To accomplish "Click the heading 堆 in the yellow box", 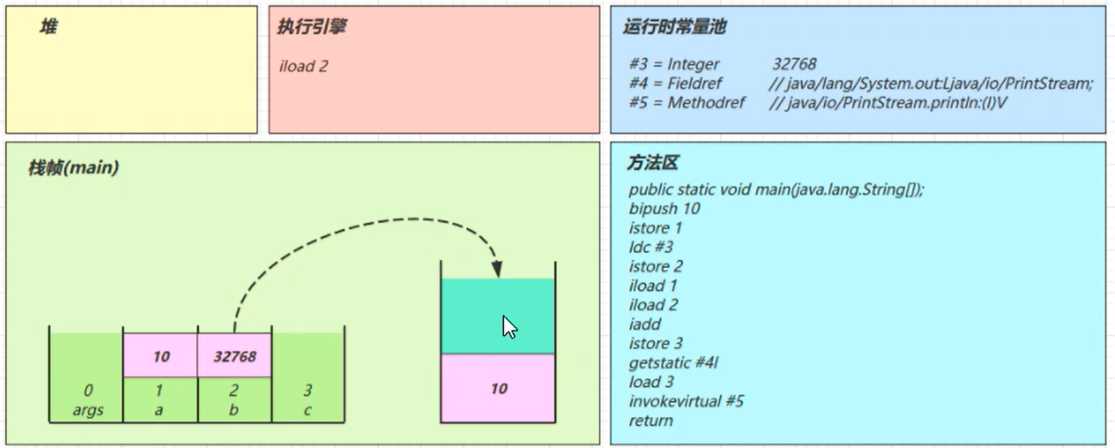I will pyautogui.click(x=49, y=27).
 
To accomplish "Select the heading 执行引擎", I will pyautogui.click(x=312, y=27).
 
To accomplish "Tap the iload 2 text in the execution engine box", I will pyautogui.click(x=303, y=66).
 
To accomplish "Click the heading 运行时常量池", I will pyautogui.click(x=675, y=27).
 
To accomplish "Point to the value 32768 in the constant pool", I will pyautogui.click(x=794, y=64).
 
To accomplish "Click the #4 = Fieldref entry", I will pyautogui.click(x=675, y=83).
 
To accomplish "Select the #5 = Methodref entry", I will pyautogui.click(x=687, y=103).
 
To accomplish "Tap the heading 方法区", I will pyautogui.click(x=653, y=163).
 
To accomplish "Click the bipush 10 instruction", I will pyautogui.click(x=664, y=209).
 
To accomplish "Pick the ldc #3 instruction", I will pyautogui.click(x=650, y=247).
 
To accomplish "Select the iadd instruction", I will pyautogui.click(x=644, y=324).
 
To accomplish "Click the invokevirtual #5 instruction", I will pyautogui.click(x=686, y=401).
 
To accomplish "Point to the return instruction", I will pyautogui.click(x=650, y=420).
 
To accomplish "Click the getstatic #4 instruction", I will pyautogui.click(x=673, y=363).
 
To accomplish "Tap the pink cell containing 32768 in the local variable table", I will pyautogui.click(x=235, y=356).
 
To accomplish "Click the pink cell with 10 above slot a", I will pyautogui.click(x=161, y=356).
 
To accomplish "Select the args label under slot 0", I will pyautogui.click(x=88, y=410).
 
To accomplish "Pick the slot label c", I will pyautogui.click(x=307, y=410).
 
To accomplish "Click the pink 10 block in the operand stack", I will pyautogui.click(x=498, y=388).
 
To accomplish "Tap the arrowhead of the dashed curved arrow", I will pyautogui.click(x=497, y=270).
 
